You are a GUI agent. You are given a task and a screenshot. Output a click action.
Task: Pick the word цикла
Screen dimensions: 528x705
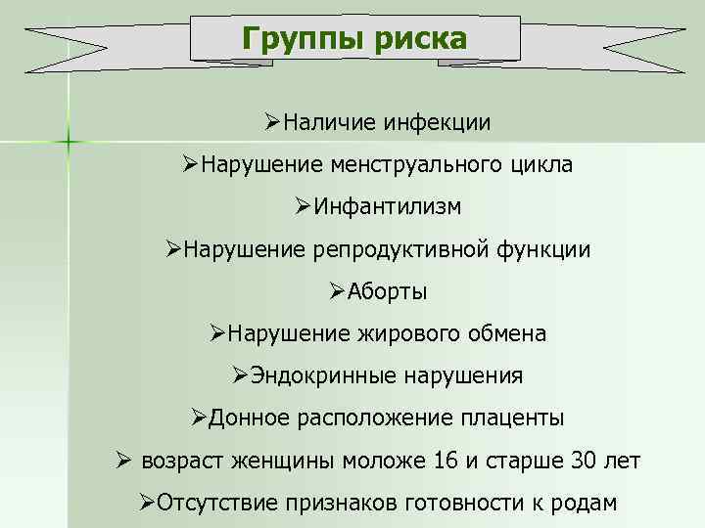[541, 165]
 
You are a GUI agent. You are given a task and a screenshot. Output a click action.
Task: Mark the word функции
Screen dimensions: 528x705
[543, 249]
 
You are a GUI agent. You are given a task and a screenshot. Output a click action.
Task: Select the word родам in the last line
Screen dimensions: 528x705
[587, 503]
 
